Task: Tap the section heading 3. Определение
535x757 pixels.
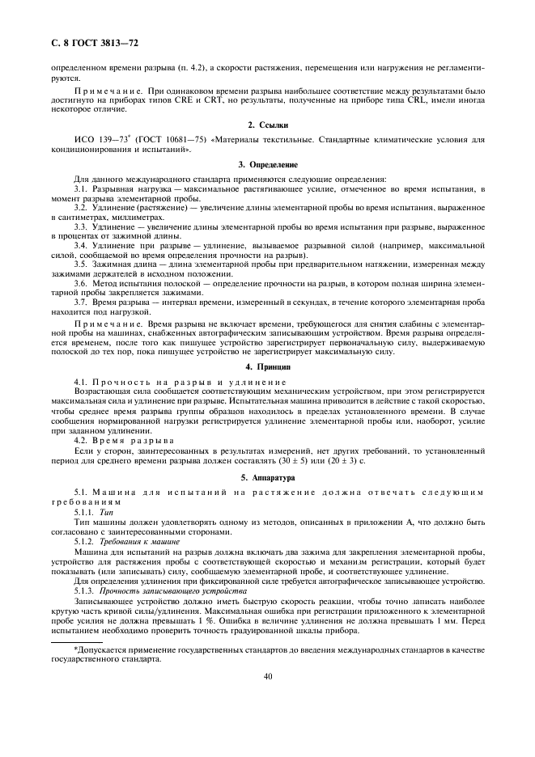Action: point(267,164)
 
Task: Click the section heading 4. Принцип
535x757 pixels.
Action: point(267,366)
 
